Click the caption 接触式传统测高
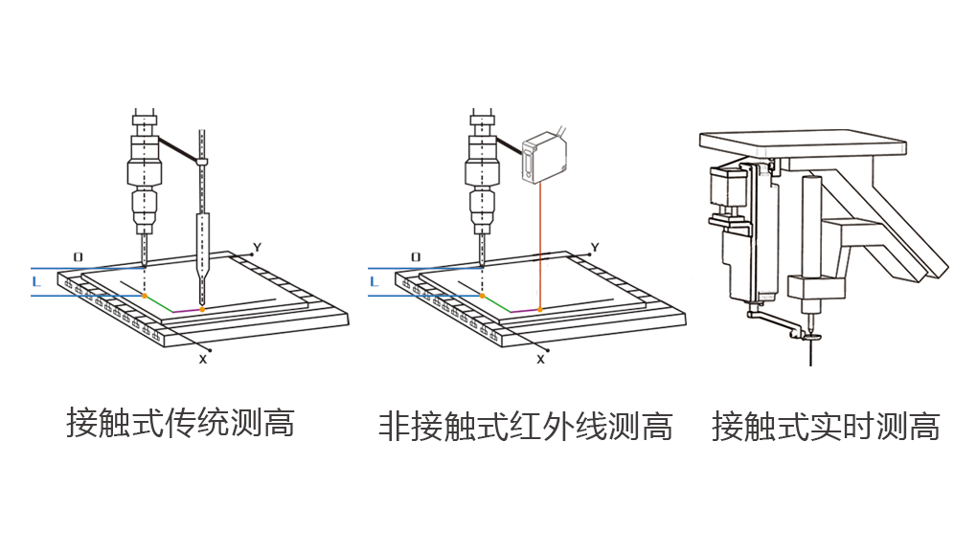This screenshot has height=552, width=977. coord(180,422)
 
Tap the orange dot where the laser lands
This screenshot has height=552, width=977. coord(541,310)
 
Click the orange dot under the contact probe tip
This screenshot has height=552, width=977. coord(202,310)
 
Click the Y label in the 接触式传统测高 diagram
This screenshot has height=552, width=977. coord(257,248)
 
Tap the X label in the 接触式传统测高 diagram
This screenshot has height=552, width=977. coord(203,359)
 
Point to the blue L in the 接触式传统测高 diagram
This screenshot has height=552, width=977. coord(35,282)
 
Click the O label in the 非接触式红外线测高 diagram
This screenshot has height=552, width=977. coord(416,257)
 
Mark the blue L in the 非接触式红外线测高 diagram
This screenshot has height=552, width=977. coord(374,282)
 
